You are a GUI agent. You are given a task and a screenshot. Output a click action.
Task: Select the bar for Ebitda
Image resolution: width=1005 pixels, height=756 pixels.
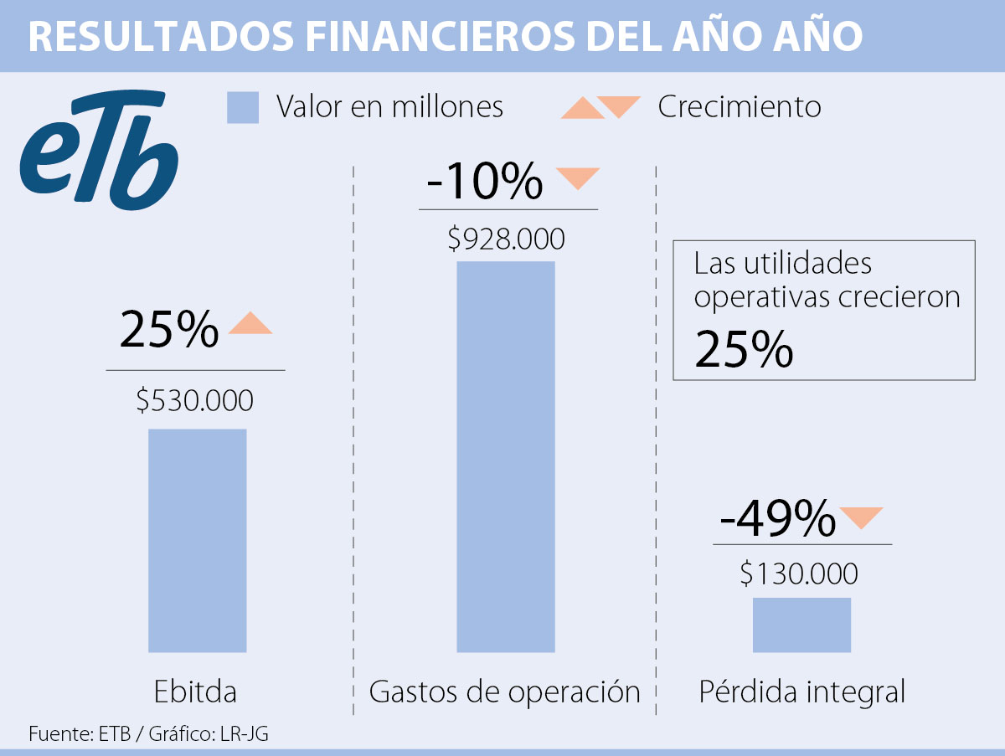tap(197, 540)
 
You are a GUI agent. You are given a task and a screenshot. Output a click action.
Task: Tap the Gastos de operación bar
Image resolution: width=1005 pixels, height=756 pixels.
tap(505, 456)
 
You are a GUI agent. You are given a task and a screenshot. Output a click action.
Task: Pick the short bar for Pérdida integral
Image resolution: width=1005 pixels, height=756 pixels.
tap(801, 625)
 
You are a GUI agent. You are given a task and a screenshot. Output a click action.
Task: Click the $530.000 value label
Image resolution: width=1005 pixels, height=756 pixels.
tap(194, 401)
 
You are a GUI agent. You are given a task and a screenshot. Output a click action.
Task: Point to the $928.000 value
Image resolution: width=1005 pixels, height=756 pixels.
tap(506, 239)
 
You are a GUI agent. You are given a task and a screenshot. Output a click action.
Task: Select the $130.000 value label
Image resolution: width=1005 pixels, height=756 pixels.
tap(799, 574)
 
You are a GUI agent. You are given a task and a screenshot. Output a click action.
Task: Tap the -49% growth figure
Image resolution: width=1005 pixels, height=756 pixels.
tap(777, 519)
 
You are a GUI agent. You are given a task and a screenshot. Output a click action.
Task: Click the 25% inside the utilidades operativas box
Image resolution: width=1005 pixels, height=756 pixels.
tap(744, 351)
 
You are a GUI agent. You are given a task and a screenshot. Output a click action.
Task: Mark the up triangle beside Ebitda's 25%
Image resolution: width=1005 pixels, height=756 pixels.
tap(250, 324)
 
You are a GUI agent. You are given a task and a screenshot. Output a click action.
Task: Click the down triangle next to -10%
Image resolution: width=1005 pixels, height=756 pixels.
tap(578, 177)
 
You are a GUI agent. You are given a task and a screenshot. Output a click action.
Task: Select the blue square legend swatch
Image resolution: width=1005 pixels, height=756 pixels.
tap(243, 108)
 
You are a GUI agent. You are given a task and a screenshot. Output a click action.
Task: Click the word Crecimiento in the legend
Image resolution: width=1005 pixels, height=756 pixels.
tap(739, 107)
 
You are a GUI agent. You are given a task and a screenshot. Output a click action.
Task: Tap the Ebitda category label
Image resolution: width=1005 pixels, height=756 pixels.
tap(195, 692)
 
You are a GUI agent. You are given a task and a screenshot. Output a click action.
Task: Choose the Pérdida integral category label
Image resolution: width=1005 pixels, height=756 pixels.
tap(801, 692)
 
